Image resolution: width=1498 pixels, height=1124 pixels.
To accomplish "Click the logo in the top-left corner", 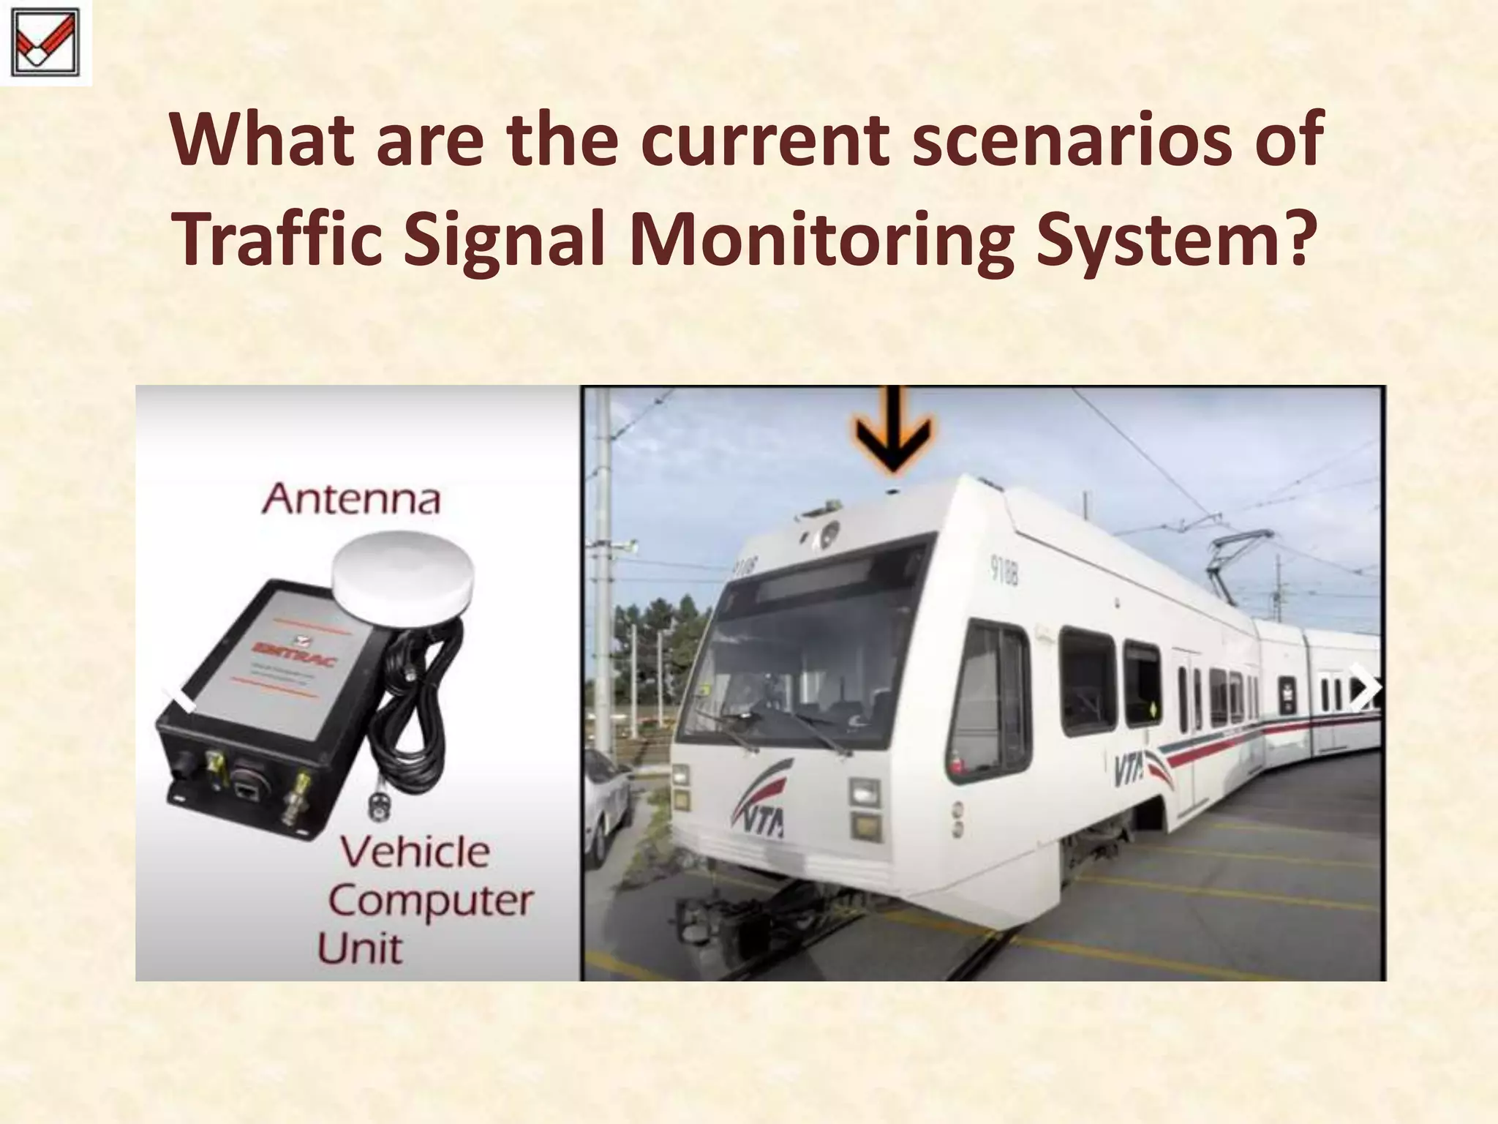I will point(46,42).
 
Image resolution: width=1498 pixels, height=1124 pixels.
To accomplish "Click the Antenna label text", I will point(352,500).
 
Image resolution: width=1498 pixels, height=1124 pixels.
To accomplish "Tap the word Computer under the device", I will point(431,901).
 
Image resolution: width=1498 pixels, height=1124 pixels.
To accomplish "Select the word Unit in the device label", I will point(360,949).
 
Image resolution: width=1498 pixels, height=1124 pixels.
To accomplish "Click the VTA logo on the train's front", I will point(761,805).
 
